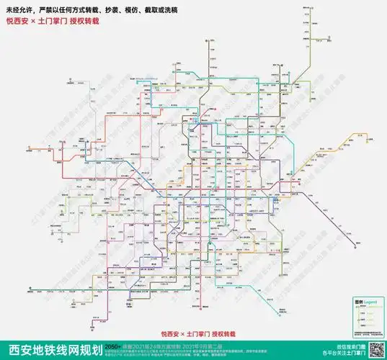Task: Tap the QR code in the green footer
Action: click(x=375, y=349)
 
